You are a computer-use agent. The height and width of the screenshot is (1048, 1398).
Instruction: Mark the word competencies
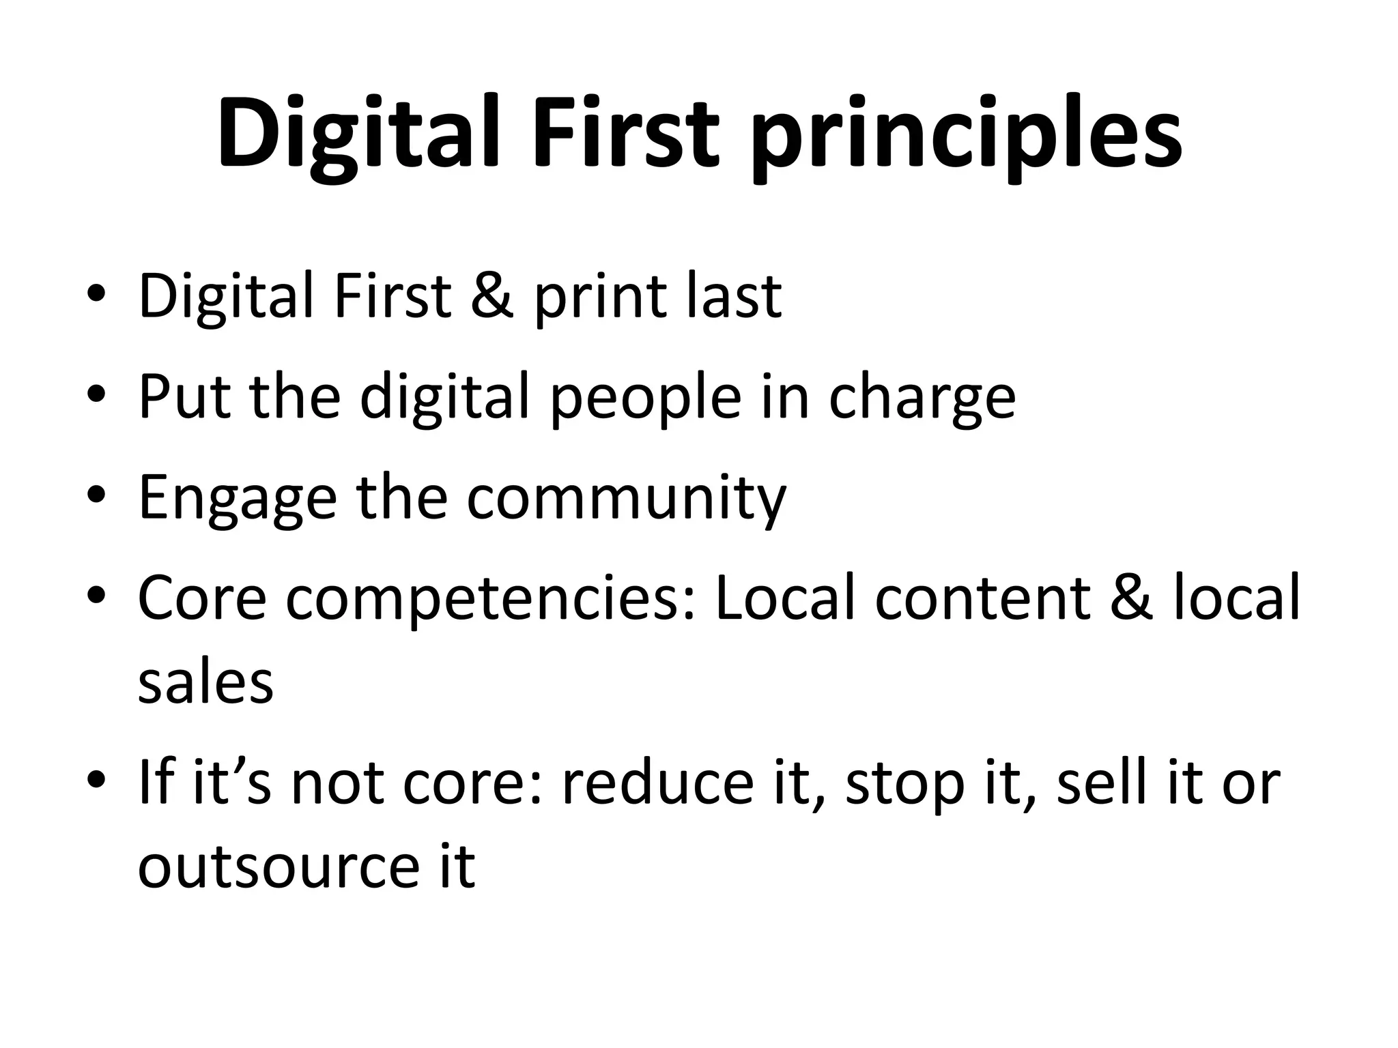[490, 600]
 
